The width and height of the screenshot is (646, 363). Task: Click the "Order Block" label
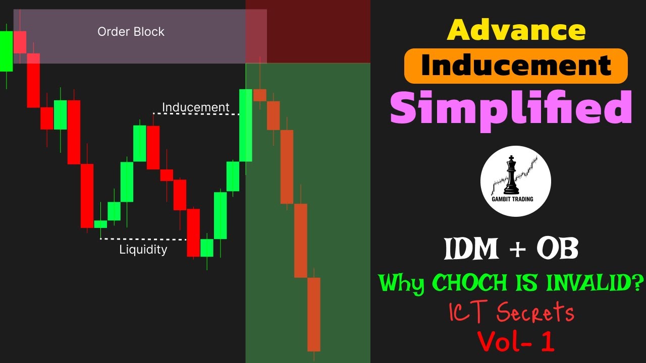tap(131, 32)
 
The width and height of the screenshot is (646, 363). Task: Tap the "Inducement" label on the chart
tap(195, 107)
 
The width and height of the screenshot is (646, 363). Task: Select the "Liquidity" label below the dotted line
tap(143, 249)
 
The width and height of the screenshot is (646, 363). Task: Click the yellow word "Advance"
tap(516, 30)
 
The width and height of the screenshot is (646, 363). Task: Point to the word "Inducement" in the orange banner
tap(516, 66)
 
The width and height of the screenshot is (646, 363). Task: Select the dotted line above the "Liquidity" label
tap(143, 239)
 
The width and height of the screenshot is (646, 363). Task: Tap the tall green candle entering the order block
tap(246, 125)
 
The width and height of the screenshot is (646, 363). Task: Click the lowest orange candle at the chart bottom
tap(314, 314)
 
